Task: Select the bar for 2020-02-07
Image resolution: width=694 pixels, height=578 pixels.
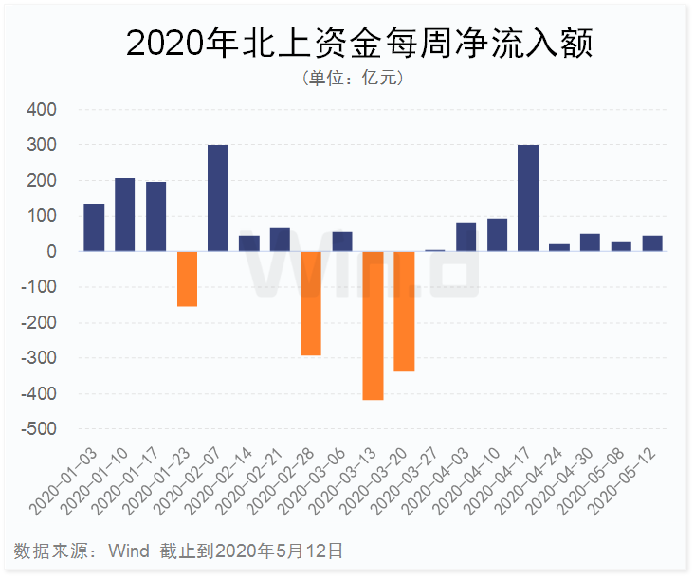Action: [218, 198]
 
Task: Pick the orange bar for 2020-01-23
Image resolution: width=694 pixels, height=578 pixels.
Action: [187, 279]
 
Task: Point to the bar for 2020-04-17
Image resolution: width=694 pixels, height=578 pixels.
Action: [528, 198]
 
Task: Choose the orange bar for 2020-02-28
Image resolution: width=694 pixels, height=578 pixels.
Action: [311, 303]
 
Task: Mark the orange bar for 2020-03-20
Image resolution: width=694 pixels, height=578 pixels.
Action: [404, 311]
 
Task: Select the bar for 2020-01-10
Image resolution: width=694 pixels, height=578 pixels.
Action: [125, 214]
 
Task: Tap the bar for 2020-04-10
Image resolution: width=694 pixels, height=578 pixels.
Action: [497, 235]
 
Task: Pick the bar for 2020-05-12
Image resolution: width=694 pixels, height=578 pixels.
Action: [652, 244]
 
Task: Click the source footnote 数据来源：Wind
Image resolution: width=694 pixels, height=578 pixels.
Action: [82, 551]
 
